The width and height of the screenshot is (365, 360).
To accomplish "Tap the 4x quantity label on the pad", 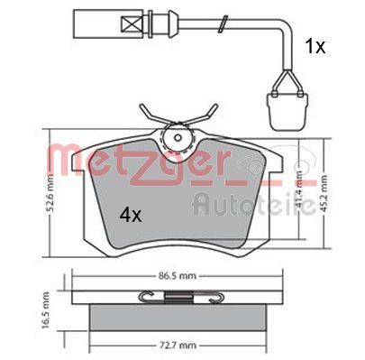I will coord(132,216).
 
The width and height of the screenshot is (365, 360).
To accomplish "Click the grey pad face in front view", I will coord(180,208).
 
